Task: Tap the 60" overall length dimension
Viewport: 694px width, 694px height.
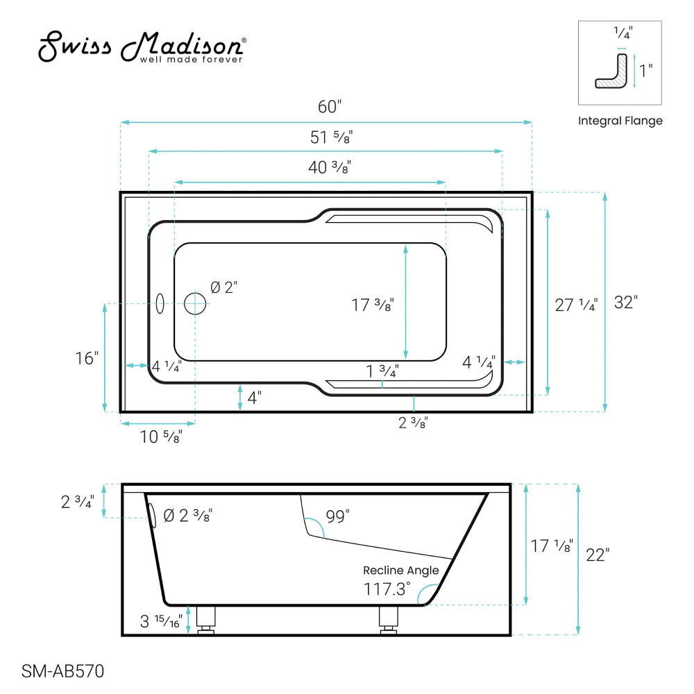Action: pyautogui.click(x=330, y=107)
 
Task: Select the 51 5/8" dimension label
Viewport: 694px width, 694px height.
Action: pyautogui.click(x=331, y=137)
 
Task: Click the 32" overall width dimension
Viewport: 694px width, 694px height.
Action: pyautogui.click(x=625, y=303)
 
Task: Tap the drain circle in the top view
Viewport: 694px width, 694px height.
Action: pyautogui.click(x=195, y=303)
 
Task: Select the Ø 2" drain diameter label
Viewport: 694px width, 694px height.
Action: pyautogui.click(x=224, y=287)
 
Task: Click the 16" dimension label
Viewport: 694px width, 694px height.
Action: pyautogui.click(x=87, y=358)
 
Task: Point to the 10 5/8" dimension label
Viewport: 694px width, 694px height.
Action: pyautogui.click(x=160, y=437)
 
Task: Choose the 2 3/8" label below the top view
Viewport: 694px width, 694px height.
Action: pyautogui.click(x=413, y=422)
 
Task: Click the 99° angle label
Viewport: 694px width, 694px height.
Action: pyautogui.click(x=338, y=516)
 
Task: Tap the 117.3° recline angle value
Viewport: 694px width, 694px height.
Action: pyautogui.click(x=387, y=589)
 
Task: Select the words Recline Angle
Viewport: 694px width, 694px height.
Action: pyautogui.click(x=401, y=570)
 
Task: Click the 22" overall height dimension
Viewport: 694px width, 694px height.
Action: pyautogui.click(x=598, y=555)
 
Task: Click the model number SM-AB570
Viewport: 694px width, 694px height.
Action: pyautogui.click(x=62, y=671)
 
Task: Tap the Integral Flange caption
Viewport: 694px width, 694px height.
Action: pyautogui.click(x=620, y=121)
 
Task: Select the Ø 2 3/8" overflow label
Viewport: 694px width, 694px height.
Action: pyautogui.click(x=187, y=516)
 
